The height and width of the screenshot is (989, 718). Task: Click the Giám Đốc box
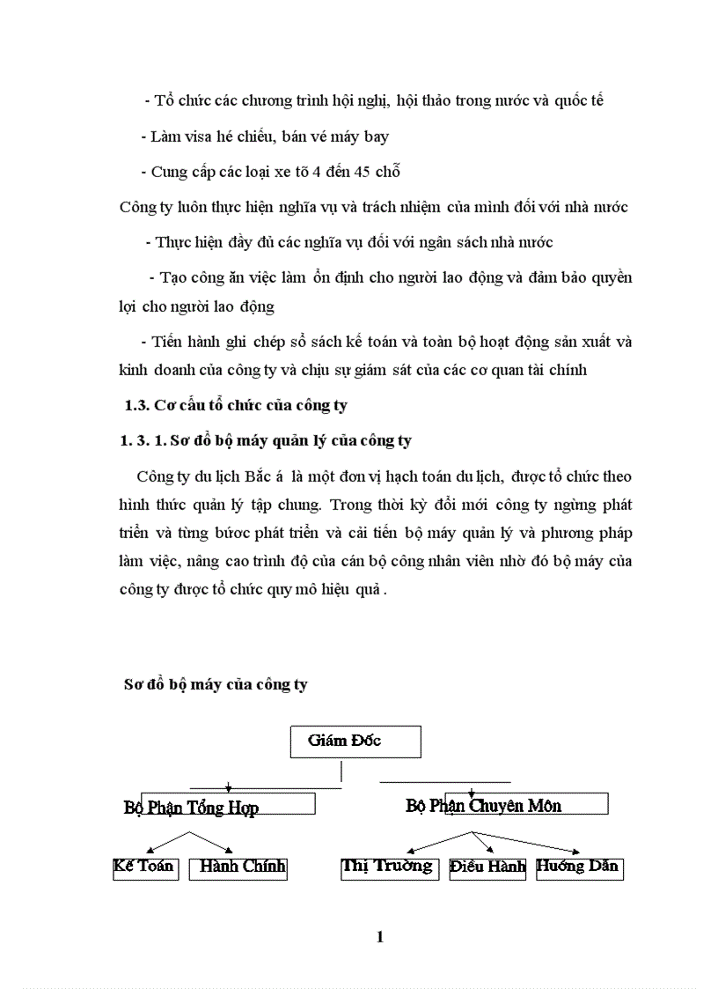click(x=355, y=742)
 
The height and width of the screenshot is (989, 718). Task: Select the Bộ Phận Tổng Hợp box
click(x=227, y=803)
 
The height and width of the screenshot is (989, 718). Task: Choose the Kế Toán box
click(x=145, y=867)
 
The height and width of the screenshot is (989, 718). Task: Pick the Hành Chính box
click(x=238, y=867)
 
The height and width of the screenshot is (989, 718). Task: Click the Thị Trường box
click(x=389, y=867)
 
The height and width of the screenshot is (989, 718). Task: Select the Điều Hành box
click(x=487, y=867)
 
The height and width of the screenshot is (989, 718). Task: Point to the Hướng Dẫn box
click(x=578, y=867)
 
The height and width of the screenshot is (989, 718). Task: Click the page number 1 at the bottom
click(x=379, y=937)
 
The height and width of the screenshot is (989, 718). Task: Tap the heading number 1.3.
click(x=136, y=406)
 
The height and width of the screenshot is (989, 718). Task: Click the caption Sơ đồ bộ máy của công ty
click(x=215, y=684)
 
